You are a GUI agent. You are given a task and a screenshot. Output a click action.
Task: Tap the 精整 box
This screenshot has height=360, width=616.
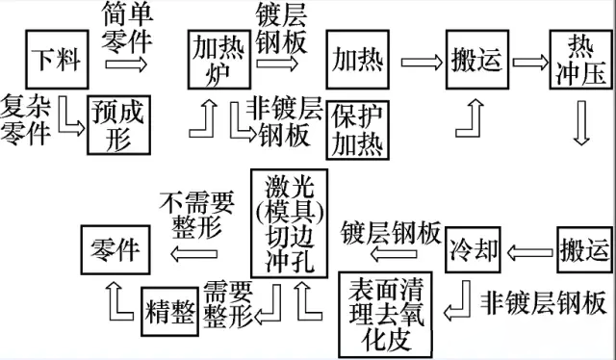pyautogui.click(x=170, y=312)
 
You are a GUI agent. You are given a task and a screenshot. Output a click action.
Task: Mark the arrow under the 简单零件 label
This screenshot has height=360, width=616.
pyautogui.click(x=127, y=64)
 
